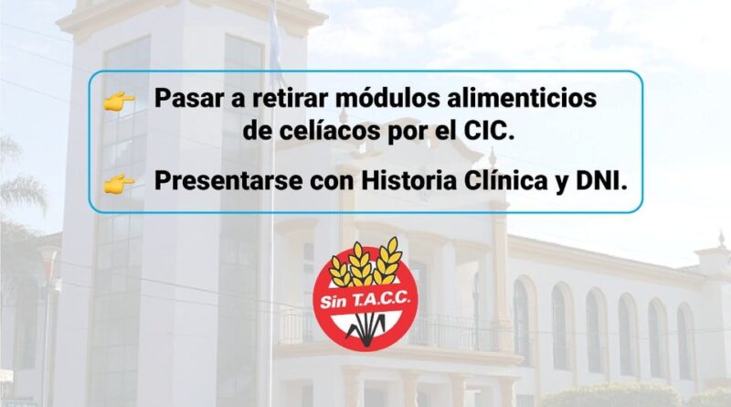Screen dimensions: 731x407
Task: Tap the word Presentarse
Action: pos(228,181)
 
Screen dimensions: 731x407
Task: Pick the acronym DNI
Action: pos(601,181)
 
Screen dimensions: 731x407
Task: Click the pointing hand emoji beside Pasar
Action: pos(120,102)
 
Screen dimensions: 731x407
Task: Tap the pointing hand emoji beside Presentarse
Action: pos(120,184)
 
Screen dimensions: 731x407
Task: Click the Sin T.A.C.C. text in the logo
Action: pos(365,300)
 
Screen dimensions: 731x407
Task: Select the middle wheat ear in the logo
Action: pos(361,263)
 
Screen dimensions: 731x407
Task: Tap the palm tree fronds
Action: pos(21,182)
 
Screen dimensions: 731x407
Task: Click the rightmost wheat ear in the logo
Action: pos(388,261)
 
